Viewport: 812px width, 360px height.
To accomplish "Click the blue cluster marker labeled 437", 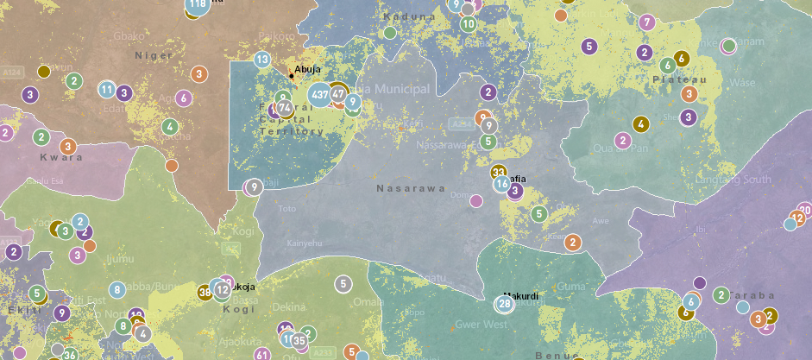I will tap(320, 94).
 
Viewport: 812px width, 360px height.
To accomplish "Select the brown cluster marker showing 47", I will tap(338, 93).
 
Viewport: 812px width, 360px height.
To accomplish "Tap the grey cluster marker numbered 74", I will tap(284, 108).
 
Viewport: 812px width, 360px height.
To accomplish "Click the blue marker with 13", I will tap(262, 60).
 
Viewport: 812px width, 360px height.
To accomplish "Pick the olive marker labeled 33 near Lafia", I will tap(499, 173).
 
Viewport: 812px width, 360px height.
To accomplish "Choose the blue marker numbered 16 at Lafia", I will tap(502, 184).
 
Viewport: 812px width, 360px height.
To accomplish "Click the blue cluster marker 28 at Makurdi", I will tap(505, 304).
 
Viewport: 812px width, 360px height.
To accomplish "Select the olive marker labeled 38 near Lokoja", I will tap(205, 292).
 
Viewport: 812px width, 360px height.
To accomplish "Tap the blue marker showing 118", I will tap(197, 5).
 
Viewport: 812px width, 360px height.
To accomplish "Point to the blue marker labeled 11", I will tap(106, 89).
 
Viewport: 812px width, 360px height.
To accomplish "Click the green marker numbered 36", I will tap(71, 354).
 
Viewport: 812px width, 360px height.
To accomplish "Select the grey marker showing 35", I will tap(299, 340).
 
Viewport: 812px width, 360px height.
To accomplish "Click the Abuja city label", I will tap(308, 70).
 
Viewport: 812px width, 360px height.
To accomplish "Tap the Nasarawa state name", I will tap(411, 187).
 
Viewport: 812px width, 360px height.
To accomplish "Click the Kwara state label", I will tap(61, 157).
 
